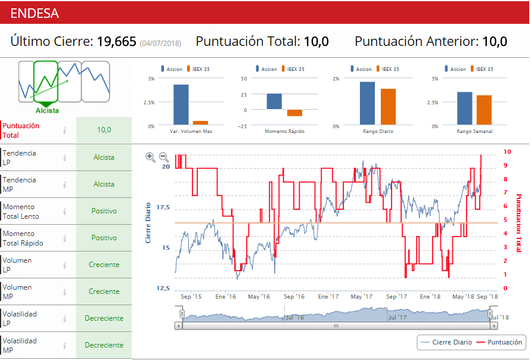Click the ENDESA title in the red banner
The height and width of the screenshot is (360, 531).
coord(34,13)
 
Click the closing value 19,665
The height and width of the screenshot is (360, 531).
coord(117,42)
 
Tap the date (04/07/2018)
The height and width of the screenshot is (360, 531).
coord(160,44)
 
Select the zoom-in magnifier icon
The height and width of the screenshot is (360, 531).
coord(150,157)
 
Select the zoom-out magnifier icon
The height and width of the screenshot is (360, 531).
coord(164,157)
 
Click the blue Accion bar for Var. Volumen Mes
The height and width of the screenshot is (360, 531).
coord(181,105)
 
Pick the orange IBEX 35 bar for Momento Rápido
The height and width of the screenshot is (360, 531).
coord(294,113)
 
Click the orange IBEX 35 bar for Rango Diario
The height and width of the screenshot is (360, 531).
coord(388,107)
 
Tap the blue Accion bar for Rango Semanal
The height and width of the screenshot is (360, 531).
coord(464,108)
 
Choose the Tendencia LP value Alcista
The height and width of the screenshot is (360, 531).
coord(104,157)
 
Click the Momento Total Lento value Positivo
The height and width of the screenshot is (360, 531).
coord(104,211)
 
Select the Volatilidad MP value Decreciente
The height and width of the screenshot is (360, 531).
coord(104,345)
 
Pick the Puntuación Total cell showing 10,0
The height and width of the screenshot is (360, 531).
coord(104,129)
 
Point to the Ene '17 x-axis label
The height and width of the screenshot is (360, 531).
coord(328,296)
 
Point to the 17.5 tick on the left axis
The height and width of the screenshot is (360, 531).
coord(163,207)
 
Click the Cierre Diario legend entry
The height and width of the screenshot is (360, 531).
coord(447,342)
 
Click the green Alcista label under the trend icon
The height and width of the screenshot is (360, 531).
coord(47,111)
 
